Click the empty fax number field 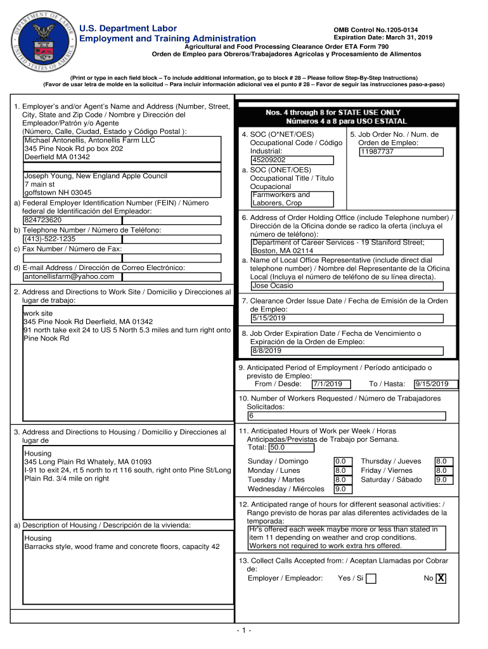pyautogui.click(x=122, y=258)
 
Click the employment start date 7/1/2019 pyautogui.click(x=328, y=384)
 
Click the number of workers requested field pyautogui.click(x=347, y=416)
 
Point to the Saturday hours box pyautogui.click(x=441, y=480)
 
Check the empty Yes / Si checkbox pyautogui.click(x=371, y=579)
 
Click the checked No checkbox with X pyautogui.click(x=441, y=578)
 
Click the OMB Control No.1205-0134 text pyautogui.click(x=376, y=30)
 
